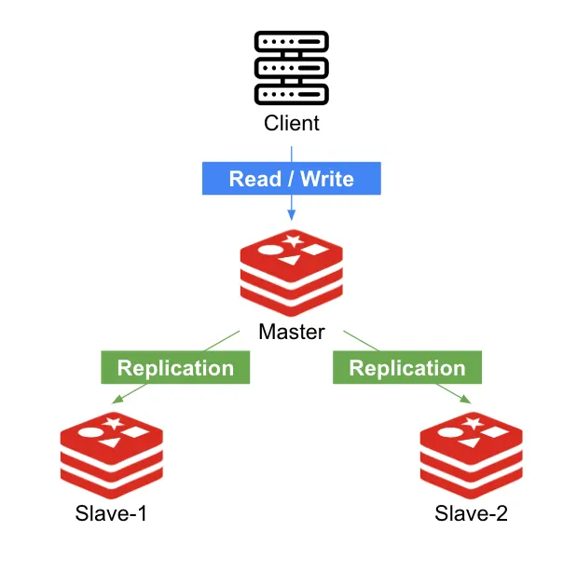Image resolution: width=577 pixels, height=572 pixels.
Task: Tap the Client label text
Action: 292,122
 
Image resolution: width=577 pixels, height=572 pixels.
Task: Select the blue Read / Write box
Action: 292,178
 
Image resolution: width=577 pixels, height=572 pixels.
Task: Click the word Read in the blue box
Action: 254,178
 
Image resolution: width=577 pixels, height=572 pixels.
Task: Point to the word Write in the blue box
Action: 327,178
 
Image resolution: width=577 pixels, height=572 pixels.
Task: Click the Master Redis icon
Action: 292,271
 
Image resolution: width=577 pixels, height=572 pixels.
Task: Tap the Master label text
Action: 292,331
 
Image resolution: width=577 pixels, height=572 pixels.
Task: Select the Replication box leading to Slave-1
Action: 175,367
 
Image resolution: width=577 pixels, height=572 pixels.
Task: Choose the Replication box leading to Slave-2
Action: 407,367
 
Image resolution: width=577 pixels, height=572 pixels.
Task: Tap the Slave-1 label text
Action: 112,513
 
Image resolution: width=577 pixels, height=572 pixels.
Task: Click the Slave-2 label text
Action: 472,513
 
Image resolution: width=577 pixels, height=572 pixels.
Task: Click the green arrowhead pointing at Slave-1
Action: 117,400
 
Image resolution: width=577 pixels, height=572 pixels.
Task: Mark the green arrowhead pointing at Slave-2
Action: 466,400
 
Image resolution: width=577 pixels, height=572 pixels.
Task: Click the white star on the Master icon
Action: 294,241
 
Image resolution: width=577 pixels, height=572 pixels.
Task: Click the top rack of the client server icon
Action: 292,42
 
